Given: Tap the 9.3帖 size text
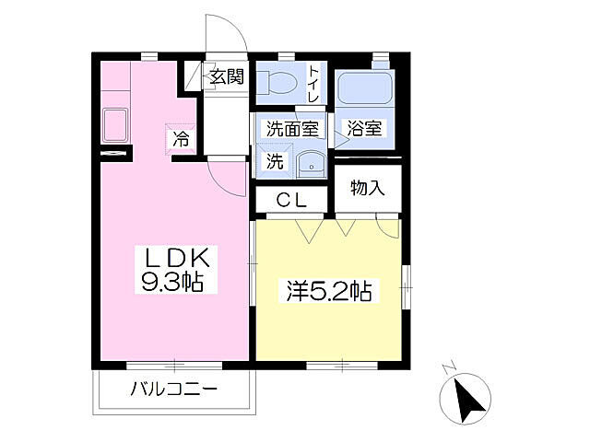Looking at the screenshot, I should click(171, 280).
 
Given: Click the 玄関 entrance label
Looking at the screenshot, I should click(225, 76).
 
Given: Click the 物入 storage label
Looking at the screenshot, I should click(367, 188).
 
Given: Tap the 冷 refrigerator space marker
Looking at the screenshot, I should click(181, 140).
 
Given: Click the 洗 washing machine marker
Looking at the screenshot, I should click(275, 159).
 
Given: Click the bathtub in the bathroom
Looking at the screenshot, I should click(364, 90).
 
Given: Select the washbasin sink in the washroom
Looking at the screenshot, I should click(311, 162).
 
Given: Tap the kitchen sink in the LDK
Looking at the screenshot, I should click(115, 123).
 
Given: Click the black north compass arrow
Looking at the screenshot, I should click(470, 398).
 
